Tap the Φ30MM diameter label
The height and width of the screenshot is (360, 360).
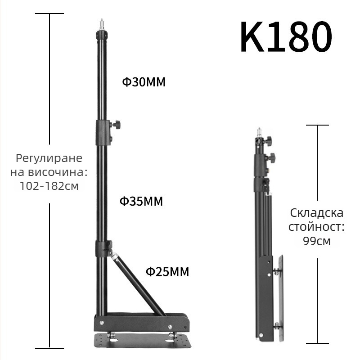tap(144, 82)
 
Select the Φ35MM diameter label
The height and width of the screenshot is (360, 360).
tap(141, 201)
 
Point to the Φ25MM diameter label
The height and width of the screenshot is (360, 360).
tap(167, 272)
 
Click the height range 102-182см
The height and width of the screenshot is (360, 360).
tap(49, 186)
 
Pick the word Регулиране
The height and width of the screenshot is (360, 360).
tap(49, 158)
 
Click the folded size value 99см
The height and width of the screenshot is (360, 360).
tap(317, 241)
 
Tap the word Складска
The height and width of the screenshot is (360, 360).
tap(317, 213)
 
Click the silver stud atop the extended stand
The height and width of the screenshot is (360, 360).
tap(102, 25)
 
